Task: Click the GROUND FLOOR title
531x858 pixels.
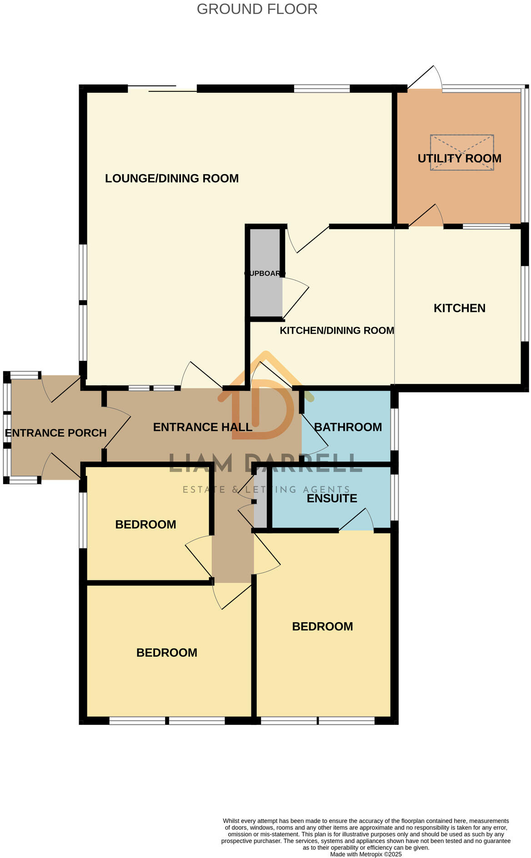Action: (x=257, y=9)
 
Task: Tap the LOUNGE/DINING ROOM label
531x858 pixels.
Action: (x=171, y=178)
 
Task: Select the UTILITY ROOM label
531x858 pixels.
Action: (x=459, y=158)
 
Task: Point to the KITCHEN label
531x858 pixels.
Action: (x=459, y=308)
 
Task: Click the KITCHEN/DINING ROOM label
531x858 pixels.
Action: (x=336, y=330)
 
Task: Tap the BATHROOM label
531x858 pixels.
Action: (x=348, y=427)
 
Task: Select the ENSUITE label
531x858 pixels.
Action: (x=332, y=498)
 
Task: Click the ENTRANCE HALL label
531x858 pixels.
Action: (x=202, y=427)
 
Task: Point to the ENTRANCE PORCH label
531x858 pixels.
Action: (x=55, y=433)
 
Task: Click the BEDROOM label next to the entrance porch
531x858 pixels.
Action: (x=145, y=524)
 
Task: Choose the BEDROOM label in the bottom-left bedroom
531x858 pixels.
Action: (x=166, y=653)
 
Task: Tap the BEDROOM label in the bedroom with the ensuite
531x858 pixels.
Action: (x=322, y=626)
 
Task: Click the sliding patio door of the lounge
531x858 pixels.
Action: (x=162, y=89)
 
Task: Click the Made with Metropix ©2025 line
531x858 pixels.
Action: (x=366, y=854)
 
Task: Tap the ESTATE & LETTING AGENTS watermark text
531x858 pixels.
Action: (x=266, y=489)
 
